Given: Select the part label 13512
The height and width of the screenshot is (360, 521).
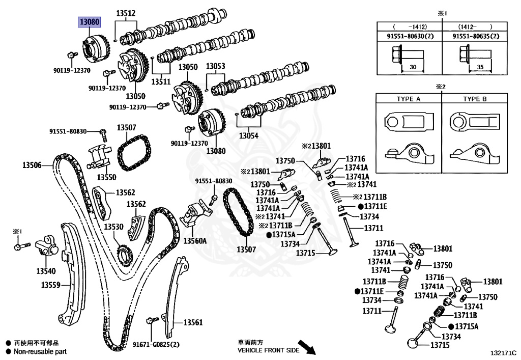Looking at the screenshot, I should pos(126,14).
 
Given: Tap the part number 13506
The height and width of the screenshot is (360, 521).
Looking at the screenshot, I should pos(32,165).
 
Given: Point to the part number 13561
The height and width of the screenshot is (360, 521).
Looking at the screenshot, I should pos(193,322).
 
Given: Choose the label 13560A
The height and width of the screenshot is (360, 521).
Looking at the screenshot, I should pos(195,240).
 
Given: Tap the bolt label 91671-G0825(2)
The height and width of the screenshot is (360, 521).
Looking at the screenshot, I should pos(157,345).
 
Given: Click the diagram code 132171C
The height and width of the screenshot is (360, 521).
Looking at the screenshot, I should pos(503,352).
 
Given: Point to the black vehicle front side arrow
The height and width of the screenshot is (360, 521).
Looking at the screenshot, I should pos(307,347).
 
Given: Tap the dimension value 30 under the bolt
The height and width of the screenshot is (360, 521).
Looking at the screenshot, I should pos(413,67).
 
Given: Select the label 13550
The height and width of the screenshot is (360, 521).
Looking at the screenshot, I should pos(107,177).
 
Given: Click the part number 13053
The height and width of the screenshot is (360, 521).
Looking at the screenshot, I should pos(215,66).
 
